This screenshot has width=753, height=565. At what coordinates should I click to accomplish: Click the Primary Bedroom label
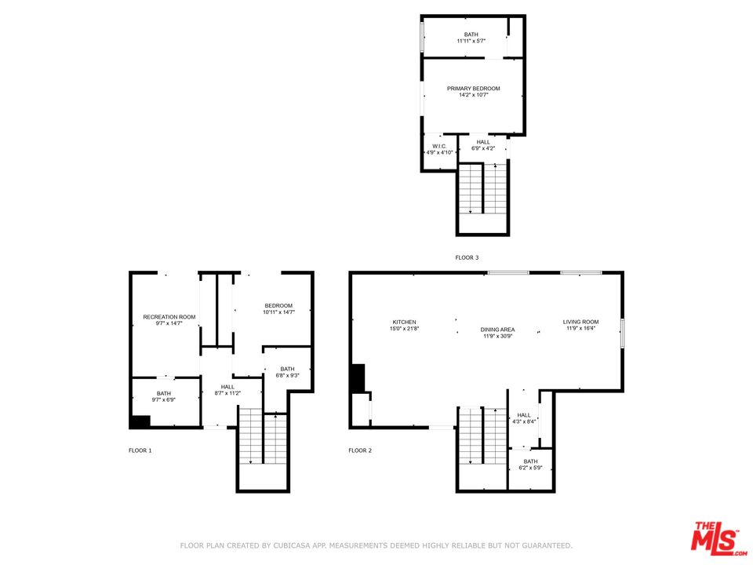click(473, 89)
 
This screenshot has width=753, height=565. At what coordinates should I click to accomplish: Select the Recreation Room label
click(169, 316)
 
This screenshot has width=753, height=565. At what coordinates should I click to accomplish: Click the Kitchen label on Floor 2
click(404, 322)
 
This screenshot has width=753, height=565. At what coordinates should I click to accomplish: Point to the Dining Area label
click(497, 330)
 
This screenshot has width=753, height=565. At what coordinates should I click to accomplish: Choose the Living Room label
click(580, 322)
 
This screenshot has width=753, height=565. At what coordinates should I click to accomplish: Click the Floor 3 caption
click(467, 257)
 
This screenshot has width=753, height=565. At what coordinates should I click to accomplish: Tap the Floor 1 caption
click(140, 450)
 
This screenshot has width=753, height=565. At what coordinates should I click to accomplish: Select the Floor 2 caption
click(360, 450)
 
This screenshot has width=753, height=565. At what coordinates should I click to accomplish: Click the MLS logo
click(715, 538)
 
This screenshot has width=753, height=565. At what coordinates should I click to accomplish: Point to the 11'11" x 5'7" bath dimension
click(471, 41)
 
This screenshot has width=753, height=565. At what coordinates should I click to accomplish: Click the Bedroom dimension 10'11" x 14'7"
click(278, 312)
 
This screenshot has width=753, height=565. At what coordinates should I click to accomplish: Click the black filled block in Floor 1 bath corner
click(140, 421)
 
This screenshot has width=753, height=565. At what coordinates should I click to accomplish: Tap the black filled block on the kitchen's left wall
click(358, 378)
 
